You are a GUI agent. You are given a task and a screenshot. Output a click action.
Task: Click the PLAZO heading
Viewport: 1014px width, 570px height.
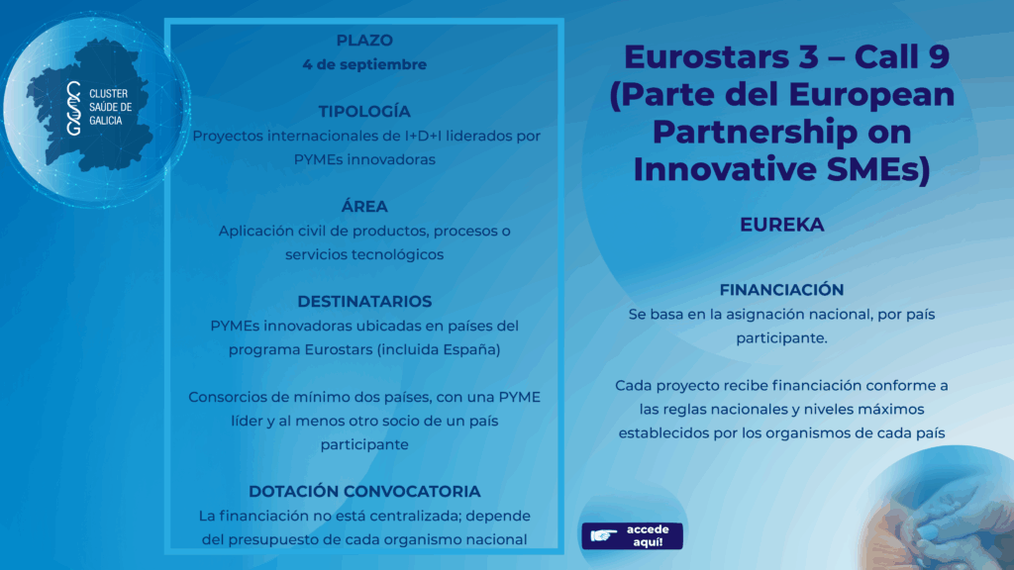click(364, 40)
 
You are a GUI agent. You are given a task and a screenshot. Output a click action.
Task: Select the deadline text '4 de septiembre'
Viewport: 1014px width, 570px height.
click(364, 64)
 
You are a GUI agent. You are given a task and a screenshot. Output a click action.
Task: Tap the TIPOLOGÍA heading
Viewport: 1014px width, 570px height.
click(364, 111)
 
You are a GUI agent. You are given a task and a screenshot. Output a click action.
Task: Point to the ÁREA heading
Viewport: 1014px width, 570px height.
click(364, 206)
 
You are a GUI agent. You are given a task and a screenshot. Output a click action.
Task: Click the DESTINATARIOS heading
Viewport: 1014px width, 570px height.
click(364, 301)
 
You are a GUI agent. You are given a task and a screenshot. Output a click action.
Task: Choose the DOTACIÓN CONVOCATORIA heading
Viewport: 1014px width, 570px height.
click(364, 491)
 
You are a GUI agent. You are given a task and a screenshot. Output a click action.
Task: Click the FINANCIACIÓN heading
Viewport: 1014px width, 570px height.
click(781, 290)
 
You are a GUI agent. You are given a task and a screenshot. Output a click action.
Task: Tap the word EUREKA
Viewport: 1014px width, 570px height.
click(782, 225)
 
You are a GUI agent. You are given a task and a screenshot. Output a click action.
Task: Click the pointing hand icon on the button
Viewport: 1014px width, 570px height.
click(604, 535)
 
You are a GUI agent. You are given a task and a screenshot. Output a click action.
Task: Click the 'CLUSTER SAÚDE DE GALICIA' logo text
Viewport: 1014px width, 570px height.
click(110, 107)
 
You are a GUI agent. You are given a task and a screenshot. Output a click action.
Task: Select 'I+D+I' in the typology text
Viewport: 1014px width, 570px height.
click(423, 136)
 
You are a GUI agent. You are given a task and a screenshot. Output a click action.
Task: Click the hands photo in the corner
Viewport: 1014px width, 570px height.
click(941, 511)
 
